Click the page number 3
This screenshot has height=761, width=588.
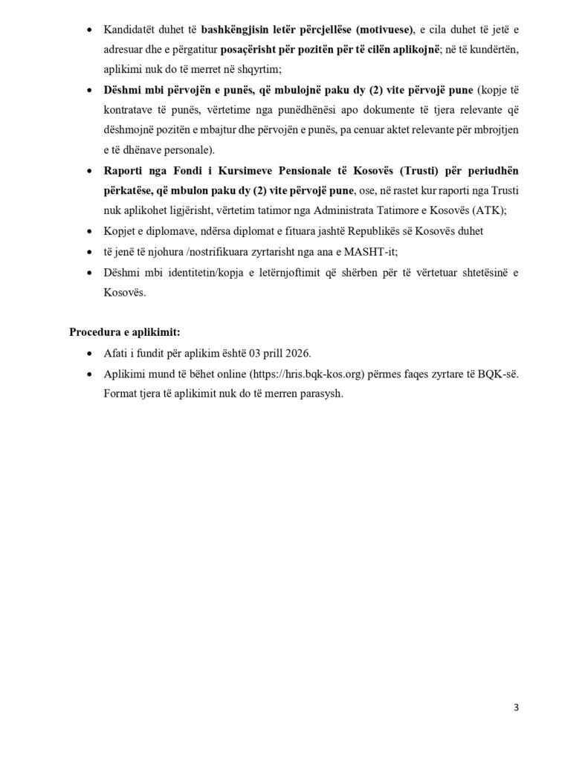516,707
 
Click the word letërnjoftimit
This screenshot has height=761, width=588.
299,272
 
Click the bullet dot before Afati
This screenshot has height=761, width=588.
90,353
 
